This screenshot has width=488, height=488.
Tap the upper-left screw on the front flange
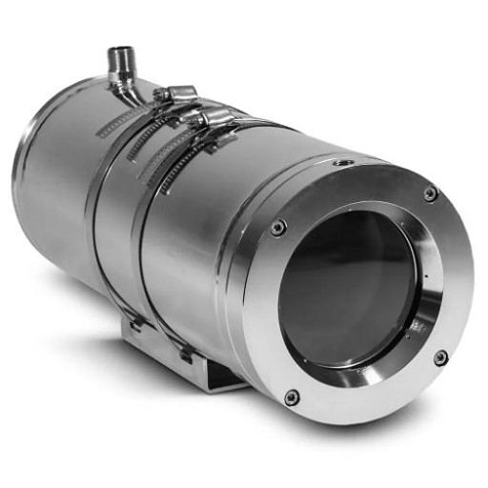[x=277, y=227]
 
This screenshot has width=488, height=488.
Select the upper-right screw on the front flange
[x=430, y=193]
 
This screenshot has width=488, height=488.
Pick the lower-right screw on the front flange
[x=440, y=357]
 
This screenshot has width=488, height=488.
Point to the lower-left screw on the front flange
[x=292, y=396]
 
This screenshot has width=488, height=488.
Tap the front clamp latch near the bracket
[x=182, y=353]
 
